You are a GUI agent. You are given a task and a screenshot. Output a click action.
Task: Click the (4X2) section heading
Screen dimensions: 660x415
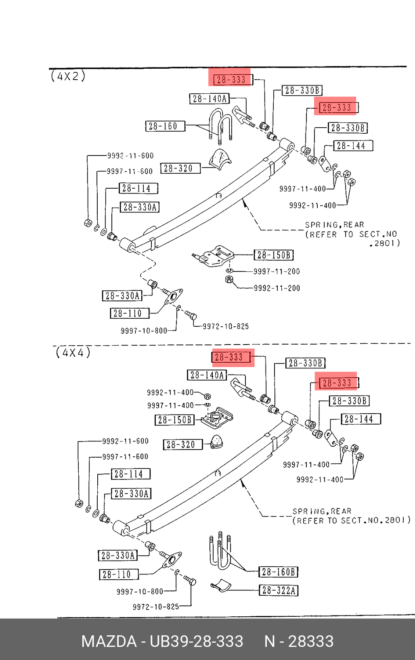[68, 76]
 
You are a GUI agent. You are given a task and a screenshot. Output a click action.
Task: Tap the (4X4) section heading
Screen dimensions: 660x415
[73, 353]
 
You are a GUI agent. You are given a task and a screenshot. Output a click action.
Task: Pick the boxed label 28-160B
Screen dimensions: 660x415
[279, 572]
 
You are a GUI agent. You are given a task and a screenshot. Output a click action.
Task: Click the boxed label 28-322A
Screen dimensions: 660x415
[279, 591]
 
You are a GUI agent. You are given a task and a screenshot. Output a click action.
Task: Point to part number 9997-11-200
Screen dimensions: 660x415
[277, 271]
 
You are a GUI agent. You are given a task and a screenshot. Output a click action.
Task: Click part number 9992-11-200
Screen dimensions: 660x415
[277, 288]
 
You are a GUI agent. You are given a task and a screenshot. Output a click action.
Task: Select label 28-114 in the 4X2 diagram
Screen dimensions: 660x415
[138, 189]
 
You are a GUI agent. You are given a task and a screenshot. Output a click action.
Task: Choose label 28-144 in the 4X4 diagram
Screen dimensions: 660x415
[361, 419]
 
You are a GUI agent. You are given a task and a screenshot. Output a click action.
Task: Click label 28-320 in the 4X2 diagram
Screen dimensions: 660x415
[180, 168]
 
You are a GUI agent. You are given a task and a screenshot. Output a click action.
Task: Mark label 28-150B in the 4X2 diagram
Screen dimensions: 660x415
[273, 255]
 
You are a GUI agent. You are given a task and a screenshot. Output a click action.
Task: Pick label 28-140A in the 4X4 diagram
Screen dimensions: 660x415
[207, 375]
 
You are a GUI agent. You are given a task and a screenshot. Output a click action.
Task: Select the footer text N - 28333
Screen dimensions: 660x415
[299, 641]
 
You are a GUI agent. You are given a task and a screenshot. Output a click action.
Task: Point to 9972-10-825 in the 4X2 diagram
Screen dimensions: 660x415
[226, 326]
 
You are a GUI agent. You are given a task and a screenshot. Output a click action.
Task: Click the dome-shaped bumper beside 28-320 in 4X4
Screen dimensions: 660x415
[217, 441]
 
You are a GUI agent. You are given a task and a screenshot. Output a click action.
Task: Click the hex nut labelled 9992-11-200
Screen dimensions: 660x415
[229, 280]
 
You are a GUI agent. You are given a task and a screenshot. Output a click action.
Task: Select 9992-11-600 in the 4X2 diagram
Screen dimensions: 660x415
[130, 156]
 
